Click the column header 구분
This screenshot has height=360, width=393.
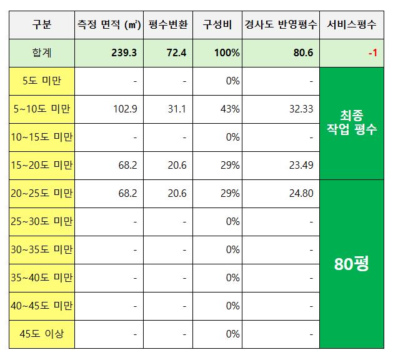pos(41,25)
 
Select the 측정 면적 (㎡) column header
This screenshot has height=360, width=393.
pos(109,25)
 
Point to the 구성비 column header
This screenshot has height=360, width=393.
pos(217,25)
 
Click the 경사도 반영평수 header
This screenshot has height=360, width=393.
pos(281,25)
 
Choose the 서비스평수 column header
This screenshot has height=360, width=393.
pos(352,25)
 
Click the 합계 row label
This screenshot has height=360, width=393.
pos(41,53)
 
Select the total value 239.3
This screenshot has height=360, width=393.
pos(124,53)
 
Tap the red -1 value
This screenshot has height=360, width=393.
pos(372,53)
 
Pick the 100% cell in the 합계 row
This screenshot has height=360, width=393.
pos(227,53)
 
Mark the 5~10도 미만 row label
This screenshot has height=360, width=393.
pos(41,109)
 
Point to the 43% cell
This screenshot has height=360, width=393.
pos(231,109)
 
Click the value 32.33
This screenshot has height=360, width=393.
pos(301,109)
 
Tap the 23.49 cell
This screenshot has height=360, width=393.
pos(301,165)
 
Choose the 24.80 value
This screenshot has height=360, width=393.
pos(301,193)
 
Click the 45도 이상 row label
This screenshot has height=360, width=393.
pos(41,334)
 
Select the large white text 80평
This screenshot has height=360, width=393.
pos(352,263)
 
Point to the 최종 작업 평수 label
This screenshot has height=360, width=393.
pos(352,122)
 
